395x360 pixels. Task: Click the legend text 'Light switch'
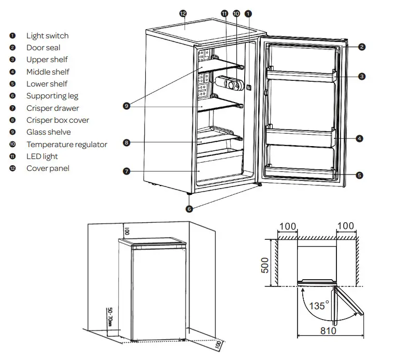coord(47,36)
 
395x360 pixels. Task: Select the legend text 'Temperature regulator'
coord(66,145)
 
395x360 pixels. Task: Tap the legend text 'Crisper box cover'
coord(58,120)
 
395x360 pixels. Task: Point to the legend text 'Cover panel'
coord(48,168)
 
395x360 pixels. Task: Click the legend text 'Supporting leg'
coord(52,96)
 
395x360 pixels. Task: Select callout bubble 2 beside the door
coord(361,47)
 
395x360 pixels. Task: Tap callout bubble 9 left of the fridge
coord(126,106)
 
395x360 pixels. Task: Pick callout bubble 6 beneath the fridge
coord(189,209)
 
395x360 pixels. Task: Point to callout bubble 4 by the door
coord(359,138)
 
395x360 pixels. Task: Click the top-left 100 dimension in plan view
coord(287,226)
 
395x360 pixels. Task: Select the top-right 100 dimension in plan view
coord(345,226)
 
